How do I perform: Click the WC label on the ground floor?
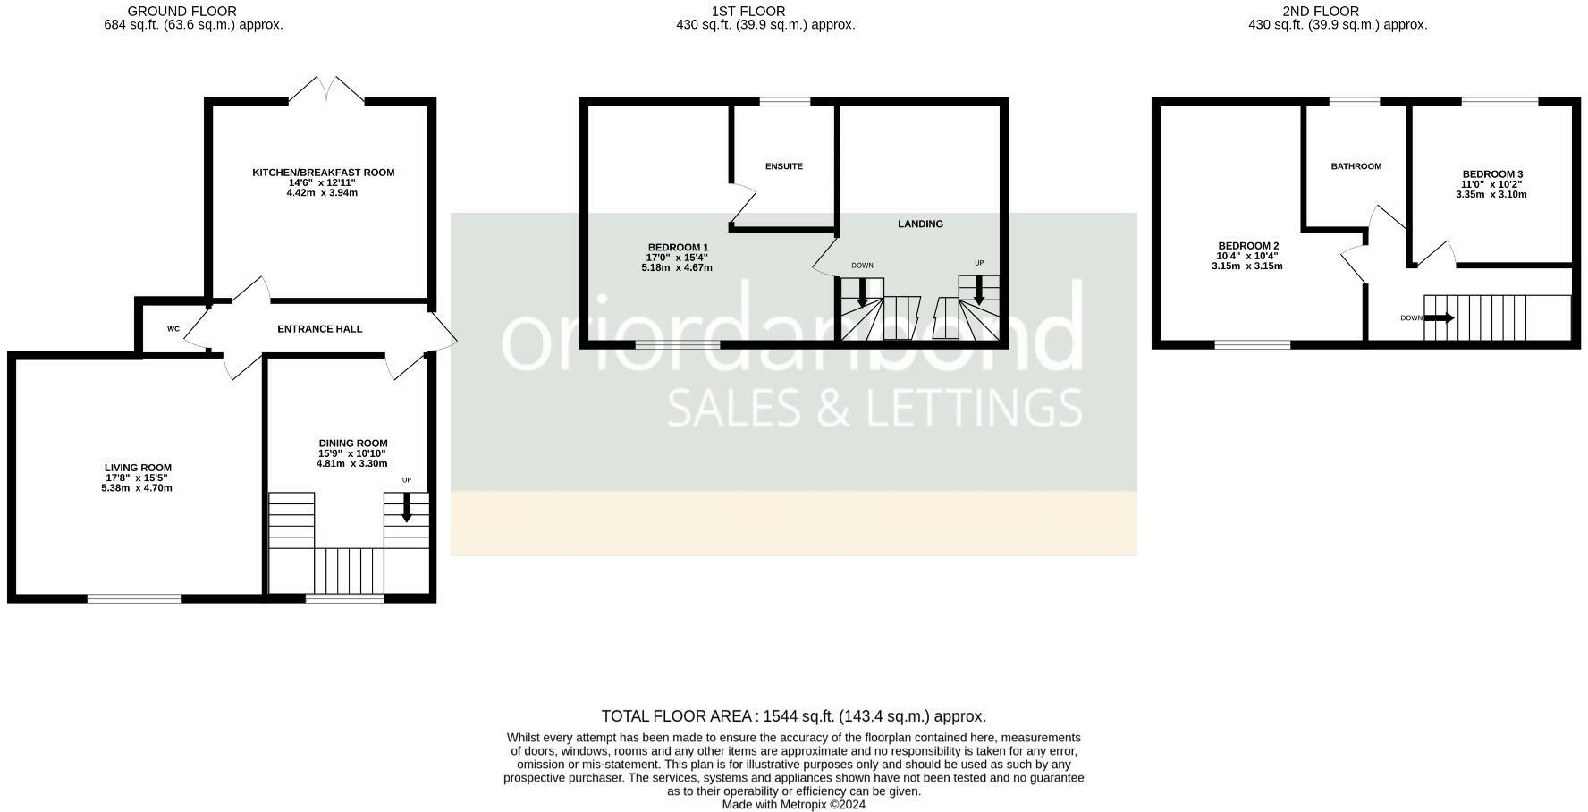point(173,329)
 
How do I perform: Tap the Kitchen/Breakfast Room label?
point(323,173)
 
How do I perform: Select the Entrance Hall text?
point(319,329)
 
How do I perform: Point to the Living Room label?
point(138,468)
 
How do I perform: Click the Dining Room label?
point(353,444)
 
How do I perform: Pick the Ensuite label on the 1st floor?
point(784,166)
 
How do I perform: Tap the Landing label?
point(920,224)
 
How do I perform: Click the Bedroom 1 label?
point(678,248)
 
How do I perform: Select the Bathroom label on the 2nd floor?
point(1356,166)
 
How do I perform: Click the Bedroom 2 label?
point(1248,246)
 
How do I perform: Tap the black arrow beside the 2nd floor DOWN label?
point(1439,317)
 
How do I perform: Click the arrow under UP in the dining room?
point(407,507)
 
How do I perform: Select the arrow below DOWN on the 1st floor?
point(862,292)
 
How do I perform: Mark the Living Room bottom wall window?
point(134,598)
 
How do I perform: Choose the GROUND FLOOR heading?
point(182,11)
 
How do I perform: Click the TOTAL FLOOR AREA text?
point(793,716)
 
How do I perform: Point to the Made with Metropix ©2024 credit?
point(793,804)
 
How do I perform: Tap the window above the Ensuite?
point(785,101)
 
